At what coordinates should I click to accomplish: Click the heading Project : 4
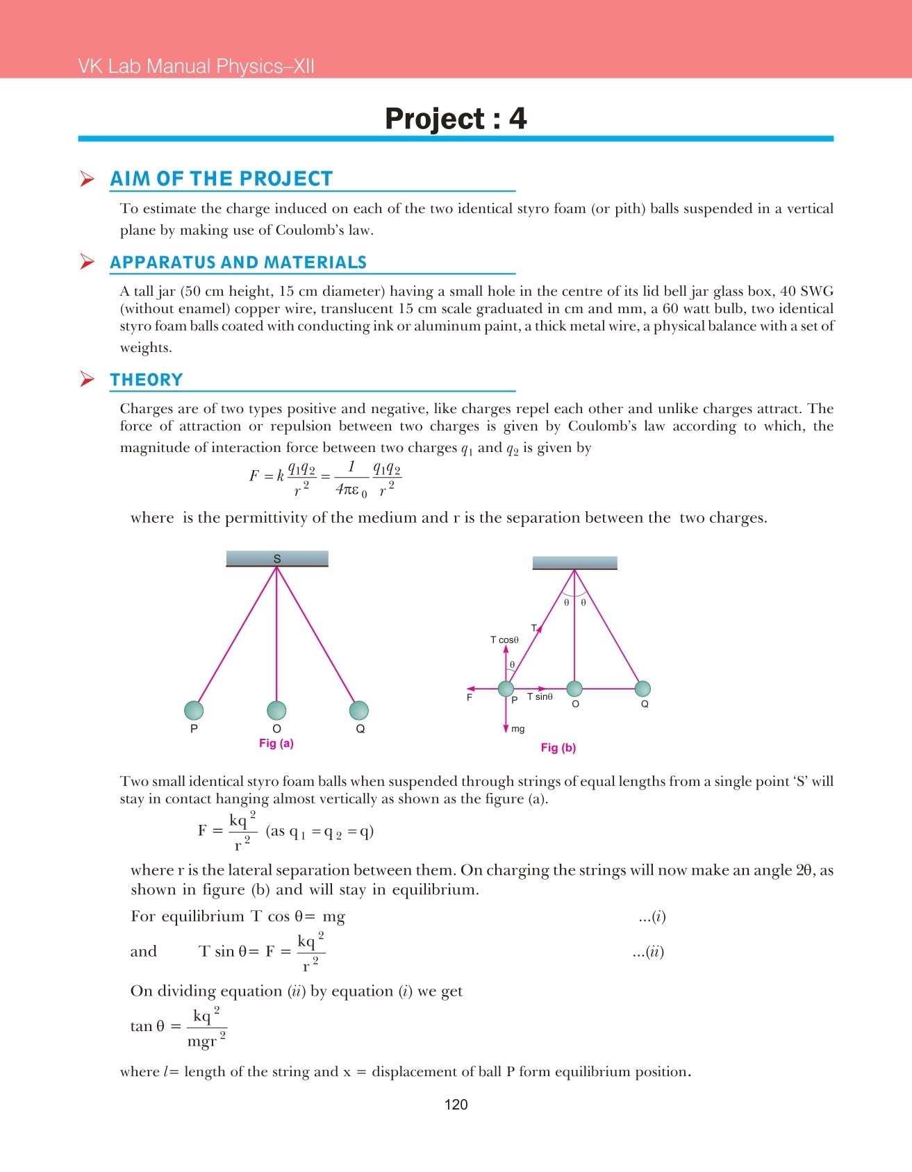pos(456,119)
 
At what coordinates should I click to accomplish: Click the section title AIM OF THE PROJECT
pos(222,178)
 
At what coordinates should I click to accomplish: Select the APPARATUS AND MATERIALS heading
pos(238,262)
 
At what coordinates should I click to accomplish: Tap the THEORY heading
pos(147,380)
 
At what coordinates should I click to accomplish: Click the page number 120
pos(456,1105)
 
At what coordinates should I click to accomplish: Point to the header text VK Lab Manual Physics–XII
pos(196,67)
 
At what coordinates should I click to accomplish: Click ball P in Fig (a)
pos(194,710)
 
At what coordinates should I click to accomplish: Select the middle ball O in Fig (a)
pos(276,710)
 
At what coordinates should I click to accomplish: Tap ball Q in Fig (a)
pos(359,710)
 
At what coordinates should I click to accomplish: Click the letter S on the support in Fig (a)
pos(277,559)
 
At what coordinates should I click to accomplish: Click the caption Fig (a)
pos(276,744)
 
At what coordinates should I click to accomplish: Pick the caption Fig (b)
pos(558,748)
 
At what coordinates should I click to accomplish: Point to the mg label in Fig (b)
pos(517,729)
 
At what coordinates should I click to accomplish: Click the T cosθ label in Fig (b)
pos(504,640)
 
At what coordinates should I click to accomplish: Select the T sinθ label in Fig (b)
pos(540,696)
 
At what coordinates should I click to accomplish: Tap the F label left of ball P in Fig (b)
pos(470,697)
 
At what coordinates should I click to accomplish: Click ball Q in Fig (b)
pos(642,689)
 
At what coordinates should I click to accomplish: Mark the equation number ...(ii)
pos(648,952)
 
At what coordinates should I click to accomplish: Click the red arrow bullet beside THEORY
pos(87,379)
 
